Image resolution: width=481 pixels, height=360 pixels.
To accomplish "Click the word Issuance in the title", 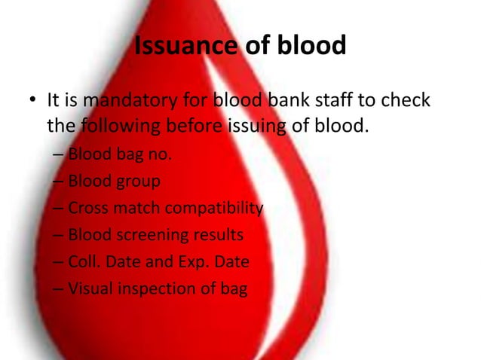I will click(184, 47).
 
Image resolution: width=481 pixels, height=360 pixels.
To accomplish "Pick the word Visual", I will click(90, 288).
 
